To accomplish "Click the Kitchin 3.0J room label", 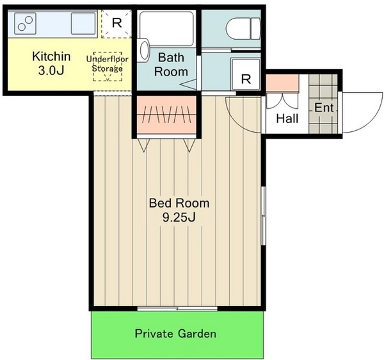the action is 51,63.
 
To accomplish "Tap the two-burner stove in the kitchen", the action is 25,24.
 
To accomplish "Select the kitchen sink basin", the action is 83,24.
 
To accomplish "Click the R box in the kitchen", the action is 116,24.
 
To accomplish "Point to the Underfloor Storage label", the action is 108,63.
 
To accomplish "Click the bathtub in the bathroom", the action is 166,29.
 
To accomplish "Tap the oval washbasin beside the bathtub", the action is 144,50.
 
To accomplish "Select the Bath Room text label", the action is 171,65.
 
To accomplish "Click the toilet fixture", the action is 243,29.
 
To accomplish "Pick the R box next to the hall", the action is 246,74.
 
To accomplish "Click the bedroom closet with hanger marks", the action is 166,115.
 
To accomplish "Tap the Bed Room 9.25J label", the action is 179,210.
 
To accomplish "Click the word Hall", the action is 287,119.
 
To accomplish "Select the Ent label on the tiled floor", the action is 324,108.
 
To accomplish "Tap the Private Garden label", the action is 175,334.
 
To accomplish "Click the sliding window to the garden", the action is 177,308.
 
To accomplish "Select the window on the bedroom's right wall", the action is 264,216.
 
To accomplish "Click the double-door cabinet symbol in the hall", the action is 282,101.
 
